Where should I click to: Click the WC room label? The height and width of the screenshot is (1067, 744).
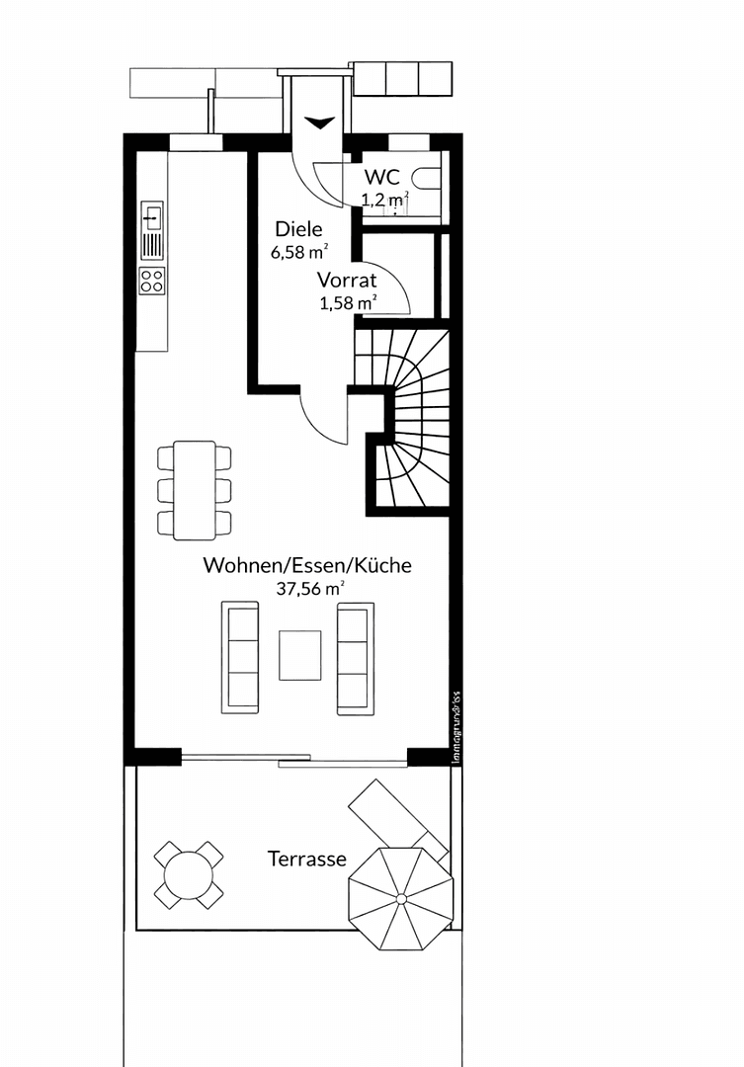click(x=381, y=177)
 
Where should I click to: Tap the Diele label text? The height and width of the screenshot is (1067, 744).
click(x=298, y=230)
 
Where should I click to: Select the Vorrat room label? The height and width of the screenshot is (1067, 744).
click(x=347, y=281)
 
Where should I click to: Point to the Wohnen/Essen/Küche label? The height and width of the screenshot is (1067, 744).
click(x=307, y=566)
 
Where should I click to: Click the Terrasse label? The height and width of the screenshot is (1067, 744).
click(x=307, y=859)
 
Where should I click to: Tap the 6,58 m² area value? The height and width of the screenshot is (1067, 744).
click(x=298, y=252)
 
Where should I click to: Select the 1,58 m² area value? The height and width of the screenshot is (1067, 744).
click(x=348, y=302)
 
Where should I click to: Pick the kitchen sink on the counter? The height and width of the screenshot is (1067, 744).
click(x=152, y=214)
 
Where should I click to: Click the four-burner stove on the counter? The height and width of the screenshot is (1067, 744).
click(x=152, y=280)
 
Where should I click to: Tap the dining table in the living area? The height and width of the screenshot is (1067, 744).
click(x=195, y=490)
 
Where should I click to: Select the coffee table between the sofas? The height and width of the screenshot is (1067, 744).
click(x=299, y=655)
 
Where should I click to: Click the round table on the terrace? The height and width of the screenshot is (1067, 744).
click(x=189, y=874)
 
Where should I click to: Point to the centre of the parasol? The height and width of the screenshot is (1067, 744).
click(x=401, y=898)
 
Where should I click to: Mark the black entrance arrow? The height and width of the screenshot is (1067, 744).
click(x=319, y=123)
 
